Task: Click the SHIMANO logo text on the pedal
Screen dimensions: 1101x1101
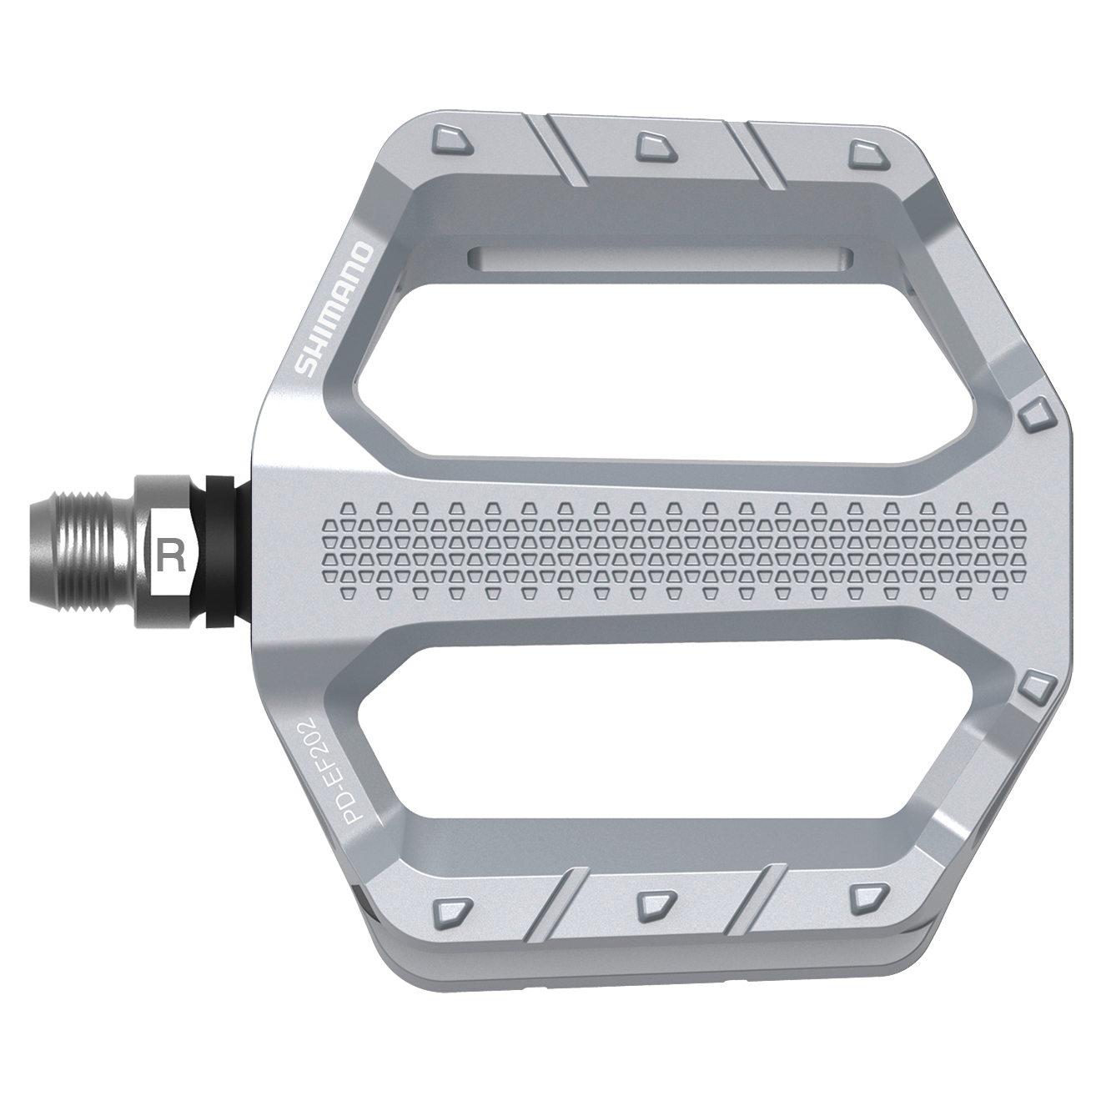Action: (335, 308)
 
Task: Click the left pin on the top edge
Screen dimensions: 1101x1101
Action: (452, 139)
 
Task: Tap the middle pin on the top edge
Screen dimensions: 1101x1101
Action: (652, 147)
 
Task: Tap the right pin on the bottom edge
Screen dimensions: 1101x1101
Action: (864, 897)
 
